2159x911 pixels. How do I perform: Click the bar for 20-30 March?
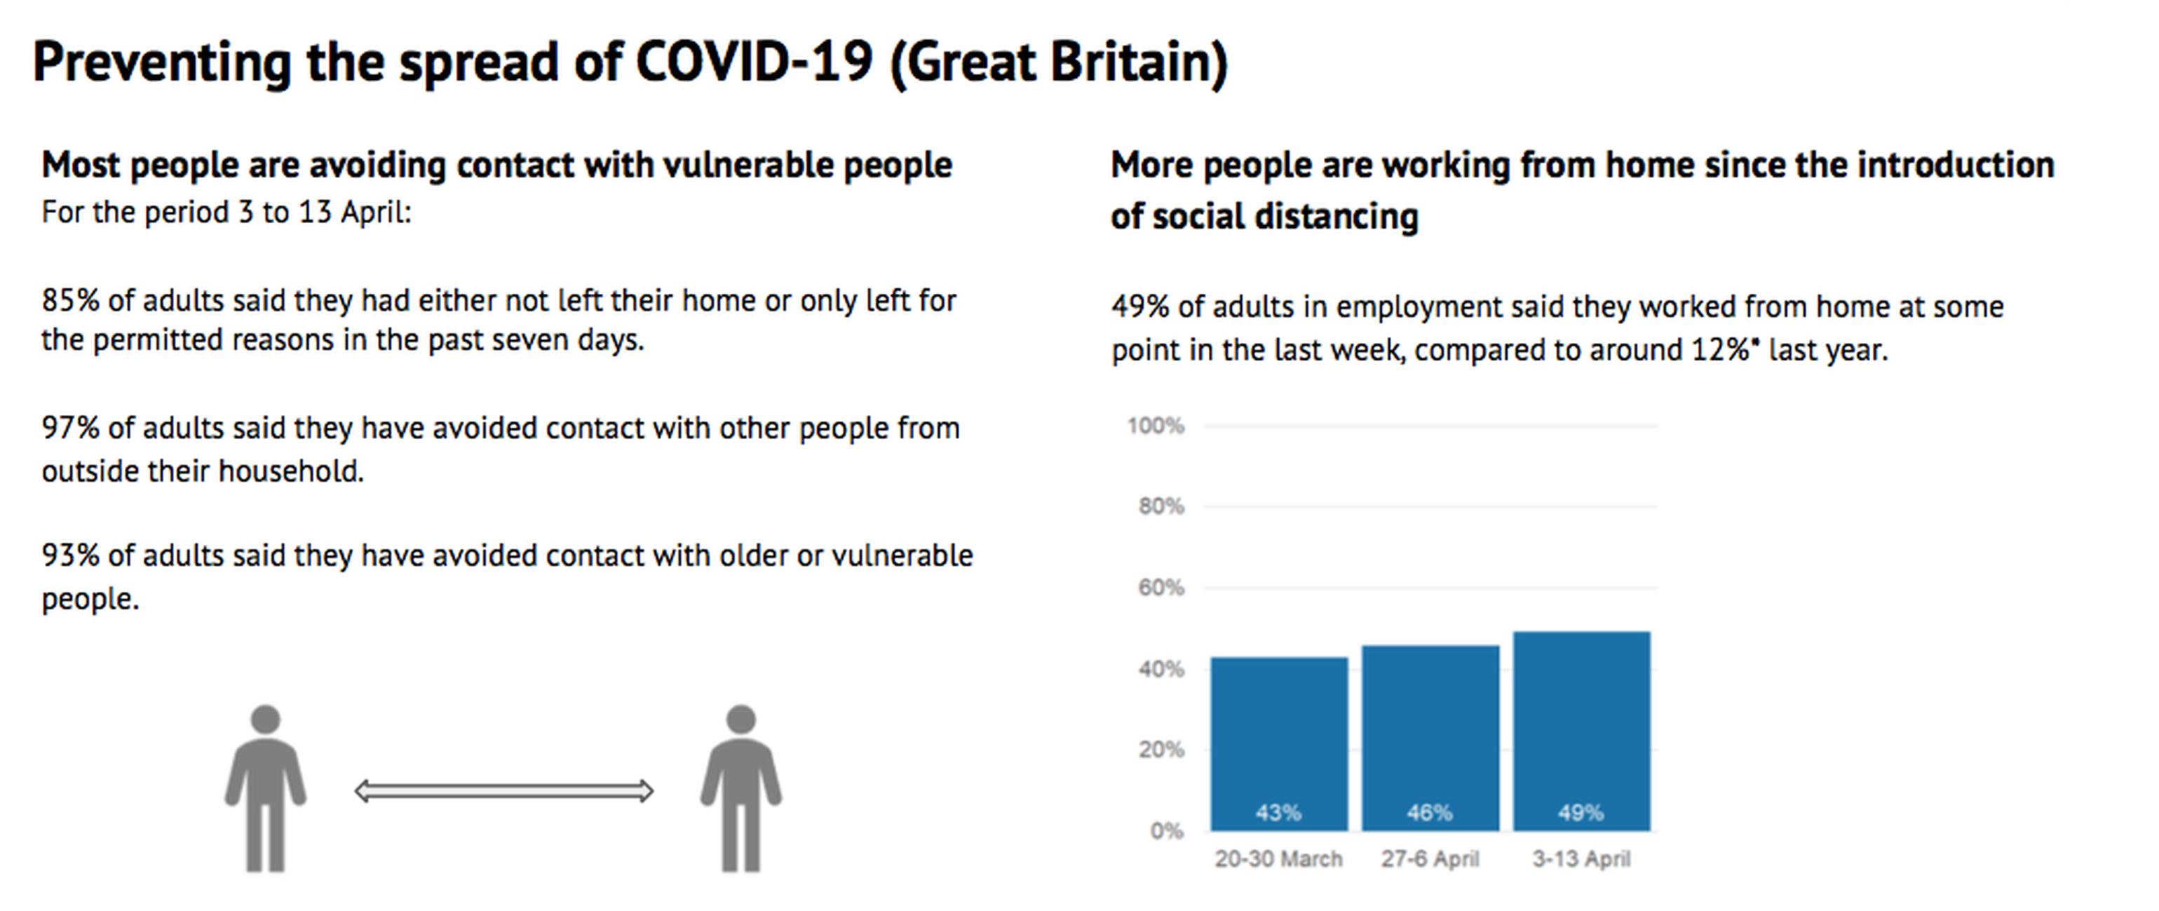tap(1279, 744)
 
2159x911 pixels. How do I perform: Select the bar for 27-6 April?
tap(1430, 738)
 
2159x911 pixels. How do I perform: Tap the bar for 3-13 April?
tap(1581, 731)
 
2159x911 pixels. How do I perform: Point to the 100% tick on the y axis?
tap(1156, 426)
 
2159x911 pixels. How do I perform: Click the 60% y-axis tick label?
tap(1160, 588)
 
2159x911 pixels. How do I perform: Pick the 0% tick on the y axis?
tap(1167, 830)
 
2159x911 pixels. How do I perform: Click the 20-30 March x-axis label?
tap(1279, 859)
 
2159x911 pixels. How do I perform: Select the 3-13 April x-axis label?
tap(1581, 859)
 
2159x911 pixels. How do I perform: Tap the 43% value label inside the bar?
tap(1278, 812)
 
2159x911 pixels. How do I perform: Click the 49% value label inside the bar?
tap(1581, 812)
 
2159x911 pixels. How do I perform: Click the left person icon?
tap(265, 788)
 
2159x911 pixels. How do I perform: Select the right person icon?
tap(741, 788)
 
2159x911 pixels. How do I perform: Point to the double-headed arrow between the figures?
tap(503, 791)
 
